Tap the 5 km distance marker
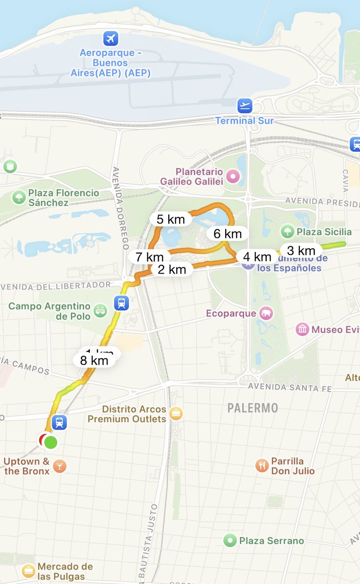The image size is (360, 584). click(x=171, y=219)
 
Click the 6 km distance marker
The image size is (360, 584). click(x=227, y=234)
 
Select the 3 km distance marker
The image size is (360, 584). click(x=301, y=251)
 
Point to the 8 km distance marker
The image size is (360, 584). click(x=94, y=361)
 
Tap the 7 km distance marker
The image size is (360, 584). click(x=149, y=256)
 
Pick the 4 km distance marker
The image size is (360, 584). click(x=257, y=256)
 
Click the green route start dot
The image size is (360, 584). click(x=51, y=442)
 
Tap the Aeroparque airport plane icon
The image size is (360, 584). click(x=111, y=38)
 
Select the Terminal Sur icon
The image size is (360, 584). click(x=245, y=106)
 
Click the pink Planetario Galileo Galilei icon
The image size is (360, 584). click(x=234, y=176)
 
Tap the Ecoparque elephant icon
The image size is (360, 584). click(x=266, y=313)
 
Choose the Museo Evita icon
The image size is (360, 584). click(x=303, y=329)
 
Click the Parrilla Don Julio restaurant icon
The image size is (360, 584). click(x=262, y=466)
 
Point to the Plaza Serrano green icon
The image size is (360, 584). click(x=230, y=540)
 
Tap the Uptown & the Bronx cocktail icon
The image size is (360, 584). click(x=59, y=466)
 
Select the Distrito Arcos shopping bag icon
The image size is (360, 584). click(x=176, y=414)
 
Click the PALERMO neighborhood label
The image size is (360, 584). click(x=252, y=408)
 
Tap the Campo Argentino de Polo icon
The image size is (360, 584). click(x=100, y=311)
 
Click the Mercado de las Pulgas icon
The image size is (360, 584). click(x=29, y=570)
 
